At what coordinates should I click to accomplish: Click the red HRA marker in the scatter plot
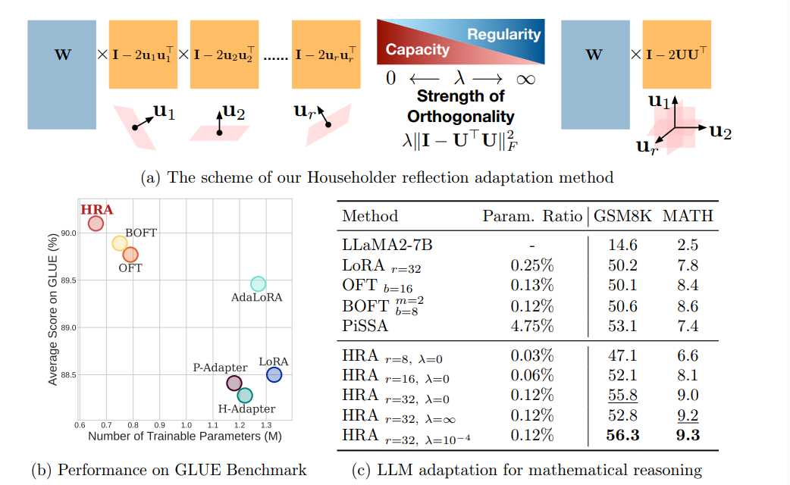click(96, 224)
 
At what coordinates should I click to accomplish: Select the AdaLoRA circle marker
click(258, 283)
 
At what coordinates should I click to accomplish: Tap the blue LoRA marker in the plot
click(274, 374)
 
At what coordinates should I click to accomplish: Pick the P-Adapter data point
click(234, 383)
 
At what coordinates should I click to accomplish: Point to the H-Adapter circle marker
click(245, 395)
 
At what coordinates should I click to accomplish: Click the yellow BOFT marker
click(119, 243)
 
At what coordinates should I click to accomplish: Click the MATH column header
click(688, 216)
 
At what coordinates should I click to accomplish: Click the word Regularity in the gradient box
click(503, 35)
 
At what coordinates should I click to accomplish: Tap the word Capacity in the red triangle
click(417, 50)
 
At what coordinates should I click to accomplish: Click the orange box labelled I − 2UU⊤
click(677, 55)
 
